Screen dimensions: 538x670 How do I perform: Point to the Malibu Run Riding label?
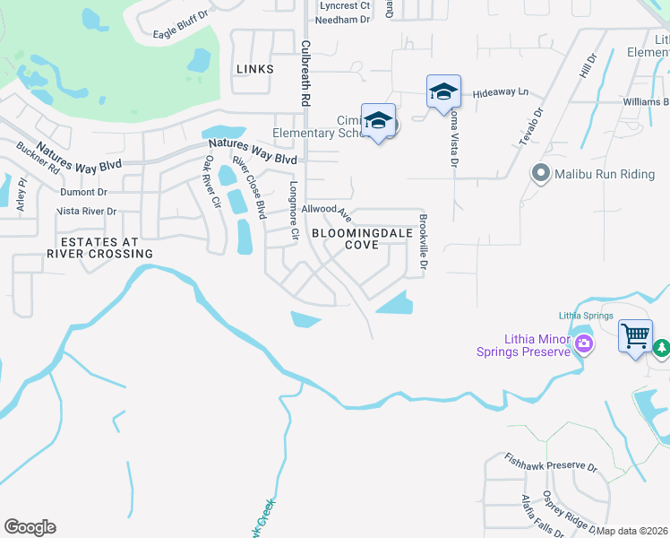(x=605, y=174)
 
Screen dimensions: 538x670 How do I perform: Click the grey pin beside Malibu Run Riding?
(x=540, y=173)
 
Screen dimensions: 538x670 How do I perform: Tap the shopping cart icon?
(x=635, y=336)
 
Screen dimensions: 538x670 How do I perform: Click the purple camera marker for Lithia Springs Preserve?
(x=584, y=343)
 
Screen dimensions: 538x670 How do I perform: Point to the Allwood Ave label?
(x=325, y=212)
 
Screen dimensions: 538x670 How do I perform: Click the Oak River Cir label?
(x=211, y=181)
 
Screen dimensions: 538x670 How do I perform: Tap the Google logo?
(x=30, y=527)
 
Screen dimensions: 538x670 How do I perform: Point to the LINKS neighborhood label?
(x=254, y=69)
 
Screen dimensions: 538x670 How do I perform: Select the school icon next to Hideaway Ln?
(x=443, y=92)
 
